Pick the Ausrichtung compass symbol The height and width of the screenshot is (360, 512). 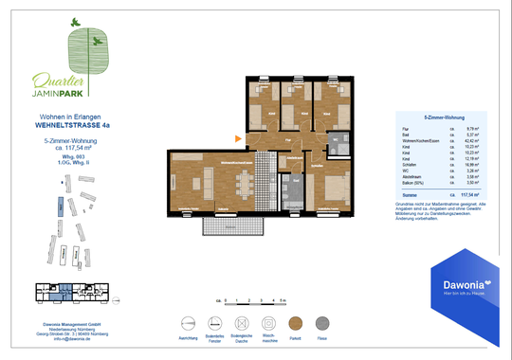coord(187,322)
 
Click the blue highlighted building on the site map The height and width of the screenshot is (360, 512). coord(59,206)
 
